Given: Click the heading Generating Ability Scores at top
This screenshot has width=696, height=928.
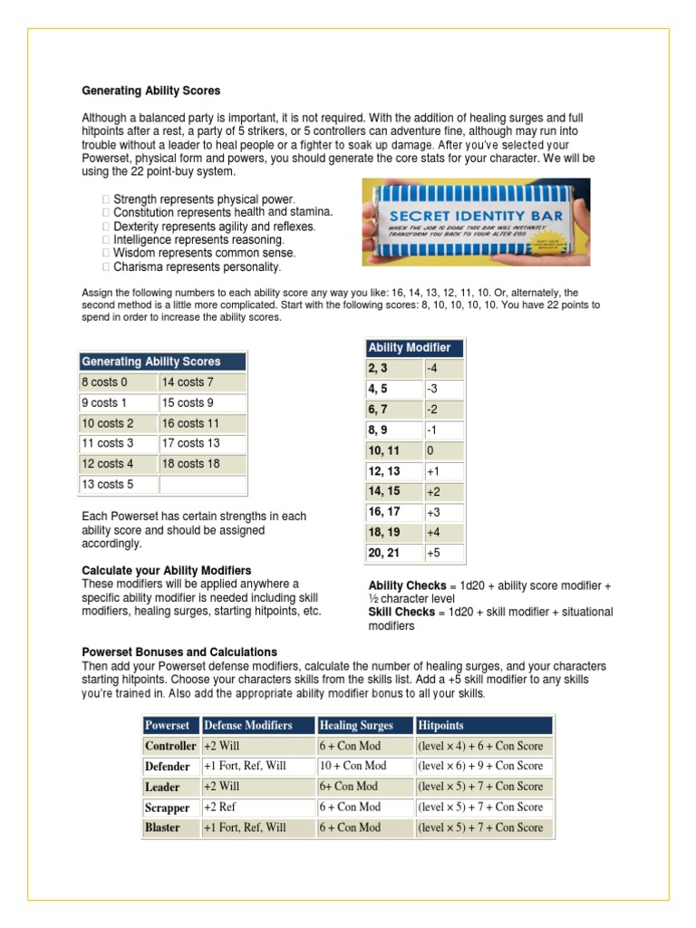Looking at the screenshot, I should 151,92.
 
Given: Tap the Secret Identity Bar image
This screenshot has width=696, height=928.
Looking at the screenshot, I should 476,221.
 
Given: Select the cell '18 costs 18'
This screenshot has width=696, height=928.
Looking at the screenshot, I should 202,464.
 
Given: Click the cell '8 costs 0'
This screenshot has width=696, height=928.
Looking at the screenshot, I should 119,382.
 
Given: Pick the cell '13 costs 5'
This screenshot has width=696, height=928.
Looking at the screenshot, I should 119,485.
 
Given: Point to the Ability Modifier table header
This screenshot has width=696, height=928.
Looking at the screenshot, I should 414,348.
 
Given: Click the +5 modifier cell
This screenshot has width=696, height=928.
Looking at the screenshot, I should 443,552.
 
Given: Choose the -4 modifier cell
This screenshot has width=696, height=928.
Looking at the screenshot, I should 443,369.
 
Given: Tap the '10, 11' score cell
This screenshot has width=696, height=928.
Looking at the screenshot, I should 393,450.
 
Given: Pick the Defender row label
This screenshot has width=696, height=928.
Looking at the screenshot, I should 169,767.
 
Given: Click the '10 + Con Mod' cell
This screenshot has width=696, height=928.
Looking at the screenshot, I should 364,767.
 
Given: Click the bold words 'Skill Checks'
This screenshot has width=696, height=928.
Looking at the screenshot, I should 401,613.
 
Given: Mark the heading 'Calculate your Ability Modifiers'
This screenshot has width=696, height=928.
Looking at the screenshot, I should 167,571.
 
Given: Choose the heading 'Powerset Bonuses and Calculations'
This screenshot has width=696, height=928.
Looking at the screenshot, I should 179,652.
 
